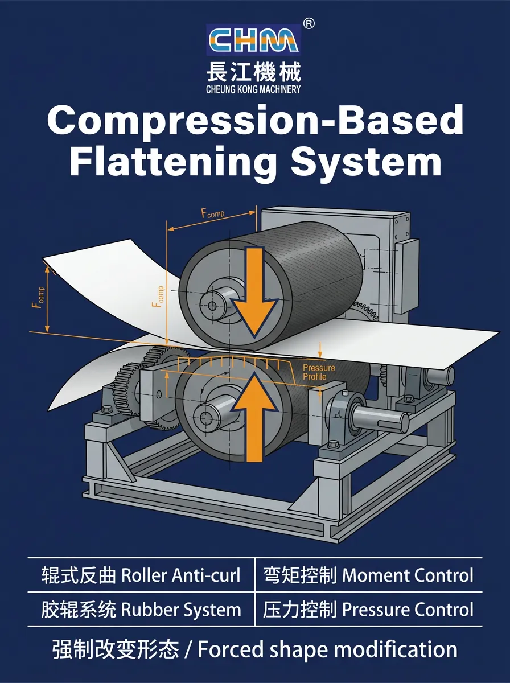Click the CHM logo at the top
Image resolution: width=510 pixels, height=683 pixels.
253,40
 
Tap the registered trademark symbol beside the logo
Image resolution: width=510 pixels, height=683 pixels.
309,23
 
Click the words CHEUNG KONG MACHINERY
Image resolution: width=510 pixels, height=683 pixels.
254,89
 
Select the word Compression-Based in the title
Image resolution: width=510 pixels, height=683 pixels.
255,121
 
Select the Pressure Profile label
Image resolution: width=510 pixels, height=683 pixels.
319,372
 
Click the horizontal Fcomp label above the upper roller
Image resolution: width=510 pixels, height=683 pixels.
213,215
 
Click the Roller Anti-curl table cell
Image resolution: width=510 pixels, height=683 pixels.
141,575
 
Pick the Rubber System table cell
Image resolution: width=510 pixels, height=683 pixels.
141,610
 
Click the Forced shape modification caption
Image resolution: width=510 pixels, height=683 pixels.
254,649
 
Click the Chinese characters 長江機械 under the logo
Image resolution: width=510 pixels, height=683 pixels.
254,72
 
